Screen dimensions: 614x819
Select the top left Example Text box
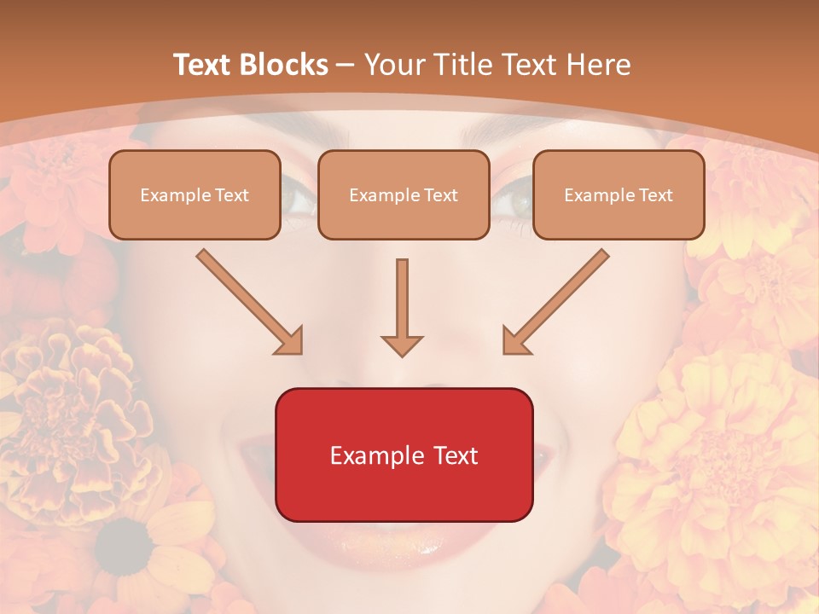point(195,194)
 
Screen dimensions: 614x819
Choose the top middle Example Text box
point(404,194)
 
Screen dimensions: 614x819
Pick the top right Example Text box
point(619,194)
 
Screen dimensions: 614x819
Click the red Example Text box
point(404,455)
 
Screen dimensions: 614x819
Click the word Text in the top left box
point(231,195)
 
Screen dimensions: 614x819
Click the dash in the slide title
point(346,66)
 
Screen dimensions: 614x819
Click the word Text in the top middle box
point(440,195)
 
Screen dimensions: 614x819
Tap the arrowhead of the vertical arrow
point(402,345)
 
